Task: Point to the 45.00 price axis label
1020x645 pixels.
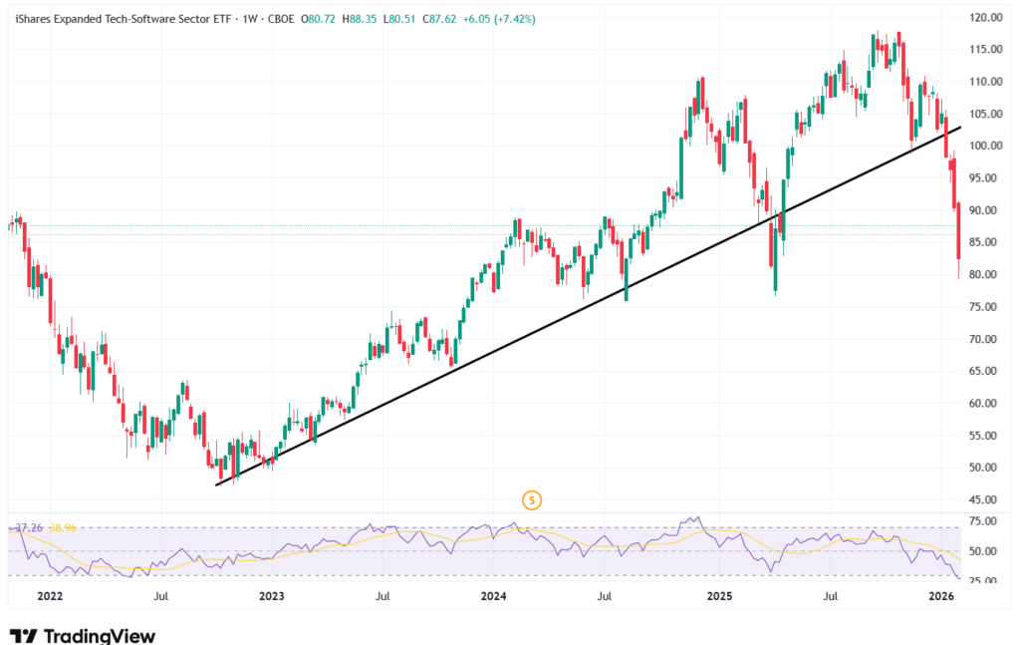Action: coord(987,500)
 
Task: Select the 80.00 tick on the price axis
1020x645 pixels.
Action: coord(987,275)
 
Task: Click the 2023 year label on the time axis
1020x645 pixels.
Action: coord(271,597)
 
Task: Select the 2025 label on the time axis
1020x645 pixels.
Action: coord(719,597)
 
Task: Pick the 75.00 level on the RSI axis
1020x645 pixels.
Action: coord(987,520)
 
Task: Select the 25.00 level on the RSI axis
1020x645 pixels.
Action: coord(987,581)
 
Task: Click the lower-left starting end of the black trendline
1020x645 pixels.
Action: coord(216,484)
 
